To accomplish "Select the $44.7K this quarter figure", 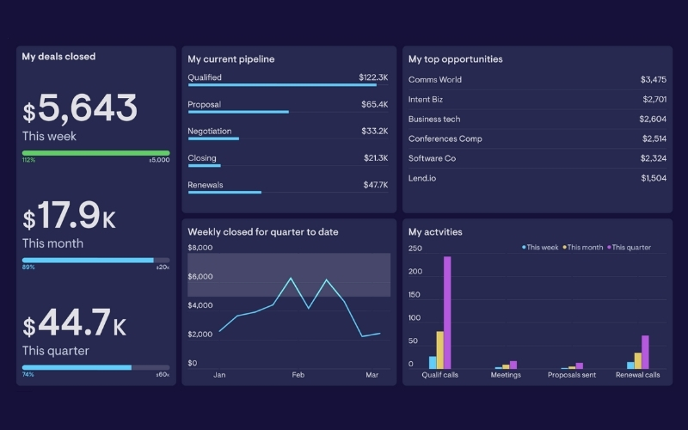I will pos(75,324).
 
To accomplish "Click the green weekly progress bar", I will pos(95,153).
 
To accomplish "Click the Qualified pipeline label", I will pos(205,77).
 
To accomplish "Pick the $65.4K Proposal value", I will pos(374,104).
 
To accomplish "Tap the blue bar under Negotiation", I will pos(213,138).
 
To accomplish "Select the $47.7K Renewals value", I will pos(374,185).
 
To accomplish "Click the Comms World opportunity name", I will pos(434,79).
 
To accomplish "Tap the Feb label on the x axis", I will pos(298,375).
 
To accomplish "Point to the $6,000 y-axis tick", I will pos(200,277).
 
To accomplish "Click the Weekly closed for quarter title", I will pos(262,232).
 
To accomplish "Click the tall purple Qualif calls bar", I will pos(447,312).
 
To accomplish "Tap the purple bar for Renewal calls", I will pos(645,352).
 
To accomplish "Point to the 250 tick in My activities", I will pos(415,249).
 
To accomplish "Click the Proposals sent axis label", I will pos(571,375).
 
